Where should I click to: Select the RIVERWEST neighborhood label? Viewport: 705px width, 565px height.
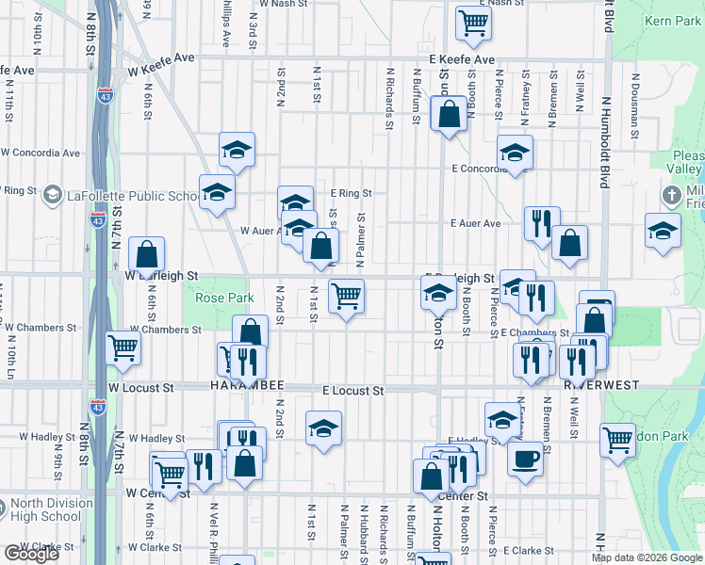pos(601,385)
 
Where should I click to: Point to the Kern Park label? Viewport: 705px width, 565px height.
pos(671,20)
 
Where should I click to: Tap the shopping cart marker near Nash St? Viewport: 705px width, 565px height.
pos(473,23)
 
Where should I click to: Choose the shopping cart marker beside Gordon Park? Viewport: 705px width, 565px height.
pos(617,438)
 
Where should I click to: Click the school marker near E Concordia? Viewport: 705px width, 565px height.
pos(516,153)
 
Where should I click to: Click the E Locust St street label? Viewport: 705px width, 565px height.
pos(353,390)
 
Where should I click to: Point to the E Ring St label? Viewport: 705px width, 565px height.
pos(351,193)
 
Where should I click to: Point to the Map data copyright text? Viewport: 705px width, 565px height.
pos(645,557)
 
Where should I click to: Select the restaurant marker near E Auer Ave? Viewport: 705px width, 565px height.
pos(542,224)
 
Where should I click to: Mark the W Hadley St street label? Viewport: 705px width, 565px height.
pos(156,438)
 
